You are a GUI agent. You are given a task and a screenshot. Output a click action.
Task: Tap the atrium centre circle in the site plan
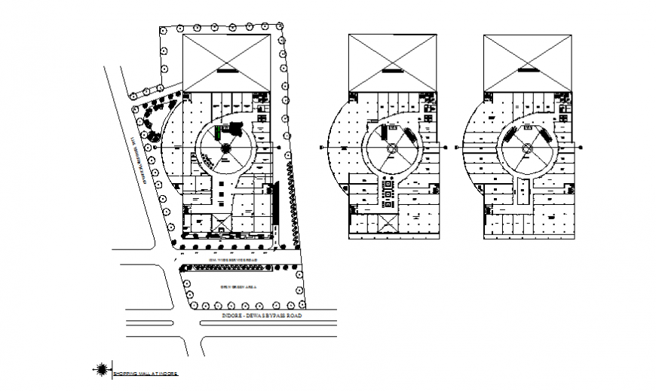tap(225, 148)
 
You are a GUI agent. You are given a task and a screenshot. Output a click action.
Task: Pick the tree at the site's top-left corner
tap(162, 31)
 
